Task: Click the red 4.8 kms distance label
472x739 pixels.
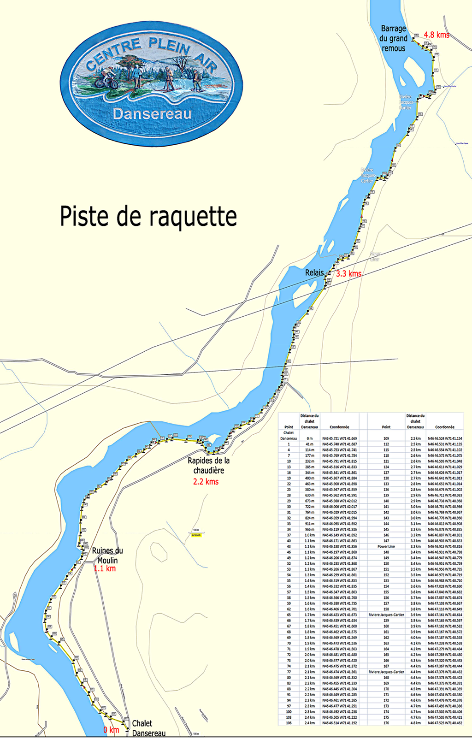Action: point(436,35)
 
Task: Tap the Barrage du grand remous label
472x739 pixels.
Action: point(393,38)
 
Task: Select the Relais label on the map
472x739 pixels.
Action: point(314,273)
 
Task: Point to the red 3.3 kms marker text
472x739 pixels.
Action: point(348,274)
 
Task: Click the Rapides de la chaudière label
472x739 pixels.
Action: point(208,466)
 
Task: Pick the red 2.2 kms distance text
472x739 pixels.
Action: point(206,482)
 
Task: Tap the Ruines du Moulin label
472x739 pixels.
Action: point(107,556)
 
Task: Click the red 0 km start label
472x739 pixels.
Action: point(111,730)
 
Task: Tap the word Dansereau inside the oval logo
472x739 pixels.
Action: point(152,114)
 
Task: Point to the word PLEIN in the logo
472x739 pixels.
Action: point(169,47)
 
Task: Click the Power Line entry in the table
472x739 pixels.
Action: point(386,547)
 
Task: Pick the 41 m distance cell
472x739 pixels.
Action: point(309,444)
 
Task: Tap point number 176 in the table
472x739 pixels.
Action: point(386,723)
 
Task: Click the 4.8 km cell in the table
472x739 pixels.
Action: point(415,723)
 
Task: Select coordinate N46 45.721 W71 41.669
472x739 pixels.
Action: point(339,438)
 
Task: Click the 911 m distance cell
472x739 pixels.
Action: point(309,524)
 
